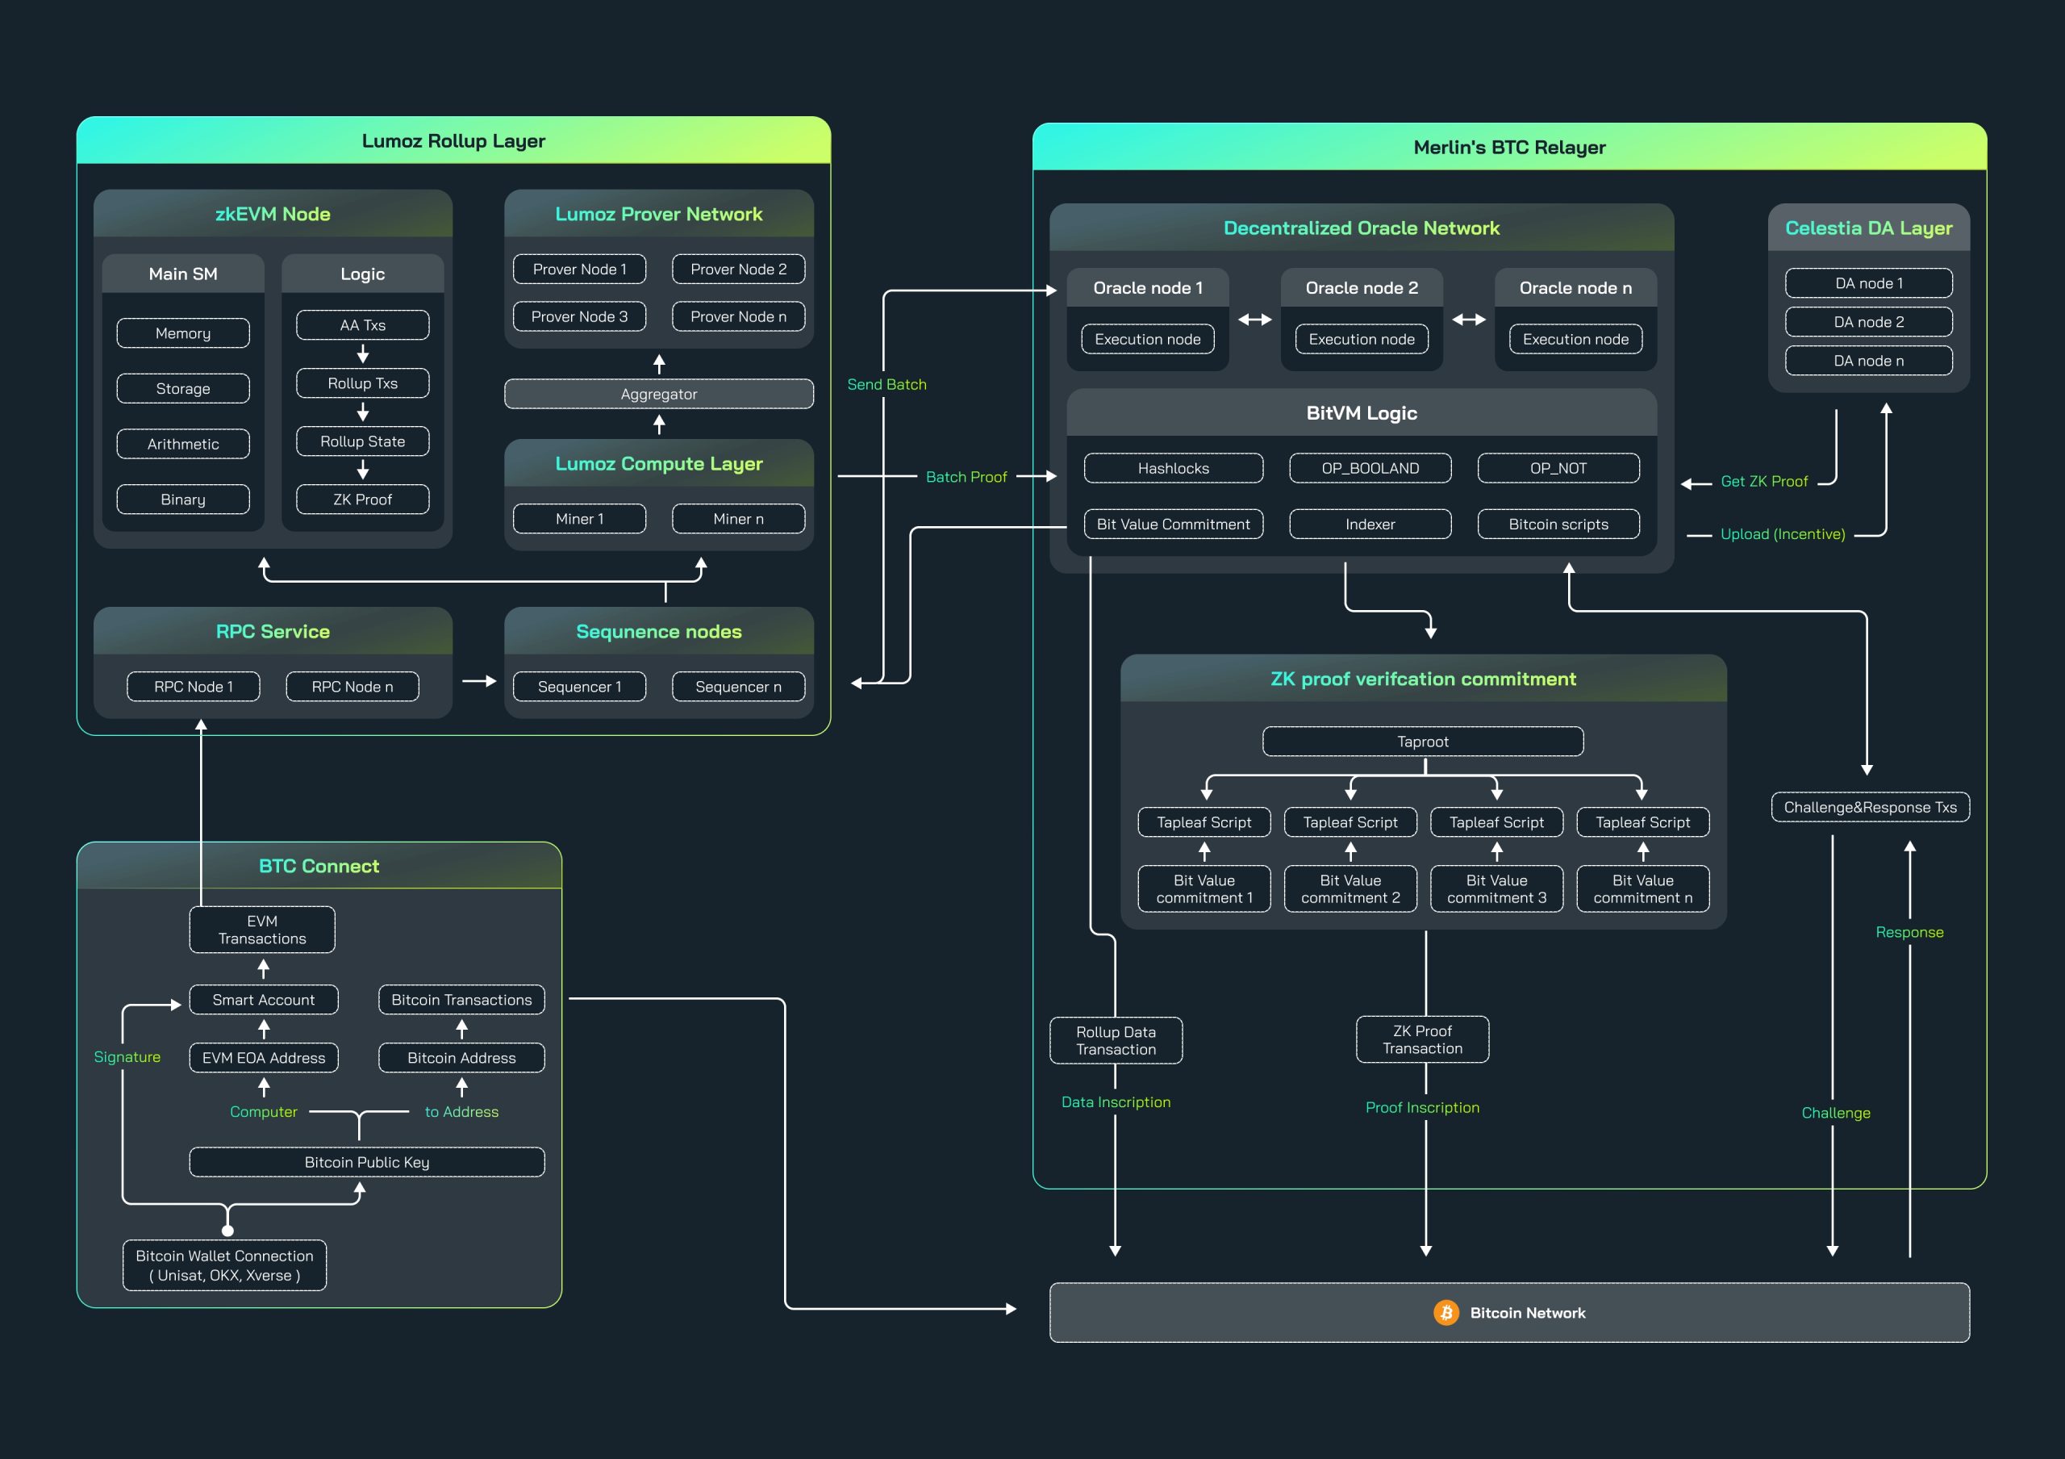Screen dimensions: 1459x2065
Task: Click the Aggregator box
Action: click(x=658, y=394)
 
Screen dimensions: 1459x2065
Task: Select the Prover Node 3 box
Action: click(x=579, y=316)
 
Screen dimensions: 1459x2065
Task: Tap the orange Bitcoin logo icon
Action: click(x=1445, y=1312)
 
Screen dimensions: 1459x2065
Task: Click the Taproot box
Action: click(x=1422, y=741)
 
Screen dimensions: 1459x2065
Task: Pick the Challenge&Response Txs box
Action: click(x=1870, y=807)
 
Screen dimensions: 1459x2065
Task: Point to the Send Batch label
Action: click(x=886, y=384)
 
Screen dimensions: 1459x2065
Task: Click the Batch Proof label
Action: click(x=966, y=477)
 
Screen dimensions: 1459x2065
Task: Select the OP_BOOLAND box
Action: click(x=1370, y=468)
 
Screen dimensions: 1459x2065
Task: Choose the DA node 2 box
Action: click(x=1868, y=322)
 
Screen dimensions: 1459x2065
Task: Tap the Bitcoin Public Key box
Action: click(x=367, y=1162)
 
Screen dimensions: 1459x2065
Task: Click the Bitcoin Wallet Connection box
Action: click(x=224, y=1265)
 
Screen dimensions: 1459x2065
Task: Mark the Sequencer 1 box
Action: click(x=579, y=686)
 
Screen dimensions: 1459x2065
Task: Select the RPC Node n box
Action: click(x=352, y=686)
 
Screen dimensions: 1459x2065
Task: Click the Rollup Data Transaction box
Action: click(x=1116, y=1041)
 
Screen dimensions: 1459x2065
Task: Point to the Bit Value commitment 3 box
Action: click(x=1496, y=888)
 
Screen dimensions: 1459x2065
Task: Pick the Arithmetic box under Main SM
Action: click(x=182, y=444)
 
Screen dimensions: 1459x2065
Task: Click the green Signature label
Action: click(x=127, y=1057)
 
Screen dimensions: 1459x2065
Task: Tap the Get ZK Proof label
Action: click(x=1763, y=481)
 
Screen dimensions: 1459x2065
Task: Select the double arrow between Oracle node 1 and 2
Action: click(x=1254, y=320)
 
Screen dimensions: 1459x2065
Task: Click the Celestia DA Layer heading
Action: click(x=1868, y=228)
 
